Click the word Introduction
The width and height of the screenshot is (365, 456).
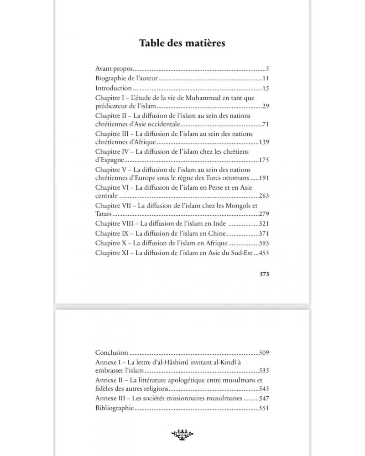point(114,88)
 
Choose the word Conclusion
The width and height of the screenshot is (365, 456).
point(111,352)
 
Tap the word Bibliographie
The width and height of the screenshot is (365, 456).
point(115,408)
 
